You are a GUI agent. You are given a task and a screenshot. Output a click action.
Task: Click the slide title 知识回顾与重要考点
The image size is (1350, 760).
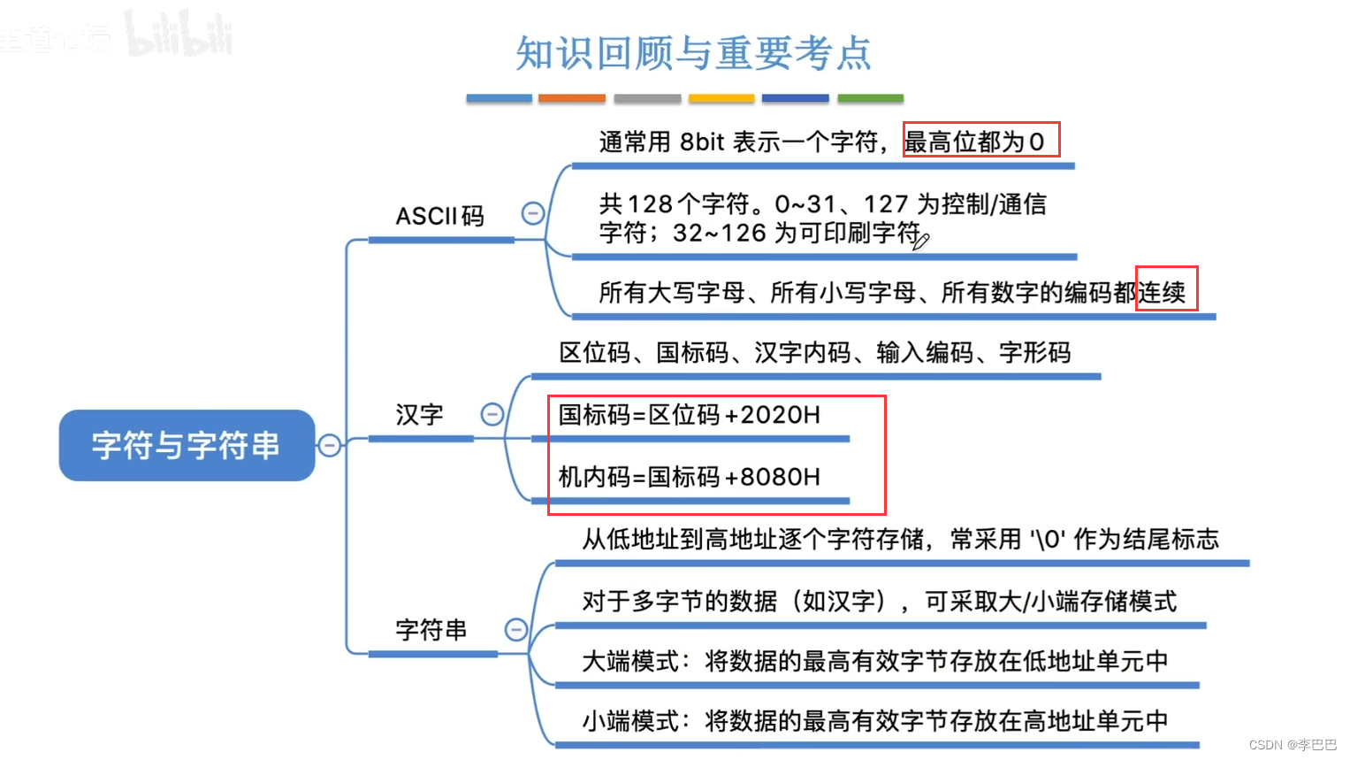693,53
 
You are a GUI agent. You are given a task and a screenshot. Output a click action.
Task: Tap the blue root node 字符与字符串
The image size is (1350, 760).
187,445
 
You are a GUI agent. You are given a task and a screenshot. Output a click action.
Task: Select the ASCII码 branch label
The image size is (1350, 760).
439,216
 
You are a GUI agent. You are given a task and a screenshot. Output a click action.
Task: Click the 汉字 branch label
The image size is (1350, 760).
419,414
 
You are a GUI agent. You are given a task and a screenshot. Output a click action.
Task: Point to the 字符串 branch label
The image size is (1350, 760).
431,630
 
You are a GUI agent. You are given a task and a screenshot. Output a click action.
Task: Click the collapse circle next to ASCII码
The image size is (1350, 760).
532,213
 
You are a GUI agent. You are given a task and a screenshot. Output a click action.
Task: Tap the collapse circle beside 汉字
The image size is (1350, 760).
492,414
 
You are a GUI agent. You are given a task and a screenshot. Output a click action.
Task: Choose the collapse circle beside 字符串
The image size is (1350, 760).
515,629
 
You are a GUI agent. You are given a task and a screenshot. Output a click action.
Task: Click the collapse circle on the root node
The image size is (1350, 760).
329,445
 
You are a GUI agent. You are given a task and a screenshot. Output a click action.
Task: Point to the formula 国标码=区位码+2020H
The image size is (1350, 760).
690,415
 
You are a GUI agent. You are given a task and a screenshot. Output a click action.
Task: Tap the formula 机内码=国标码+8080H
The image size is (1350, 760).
690,477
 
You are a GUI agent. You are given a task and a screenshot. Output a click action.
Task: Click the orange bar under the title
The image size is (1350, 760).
572,98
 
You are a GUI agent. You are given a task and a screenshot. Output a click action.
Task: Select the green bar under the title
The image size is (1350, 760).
870,98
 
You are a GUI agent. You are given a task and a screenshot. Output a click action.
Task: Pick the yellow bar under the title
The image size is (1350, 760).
721,98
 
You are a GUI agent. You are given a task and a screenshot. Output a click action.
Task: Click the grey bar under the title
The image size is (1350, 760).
647,98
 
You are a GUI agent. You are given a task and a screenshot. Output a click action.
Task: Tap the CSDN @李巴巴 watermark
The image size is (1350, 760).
1293,745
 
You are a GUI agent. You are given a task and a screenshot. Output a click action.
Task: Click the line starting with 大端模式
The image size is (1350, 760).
874,661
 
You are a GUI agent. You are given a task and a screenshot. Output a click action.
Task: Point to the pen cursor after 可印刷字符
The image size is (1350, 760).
920,240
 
